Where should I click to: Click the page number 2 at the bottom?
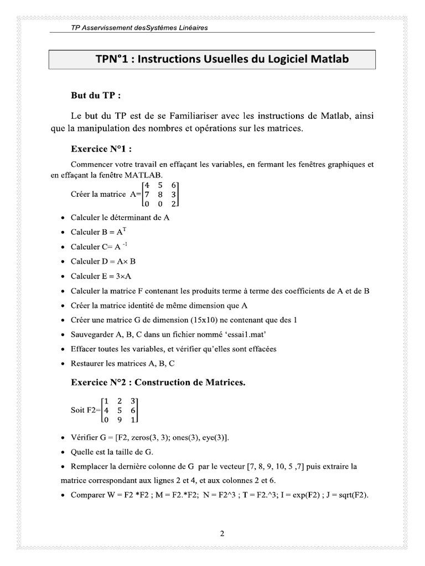(222, 534)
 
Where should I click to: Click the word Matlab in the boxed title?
(328, 59)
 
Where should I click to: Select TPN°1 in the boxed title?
(113, 59)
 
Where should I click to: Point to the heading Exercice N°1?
(102, 149)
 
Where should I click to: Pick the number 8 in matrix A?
(160, 195)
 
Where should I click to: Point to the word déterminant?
(131, 217)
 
